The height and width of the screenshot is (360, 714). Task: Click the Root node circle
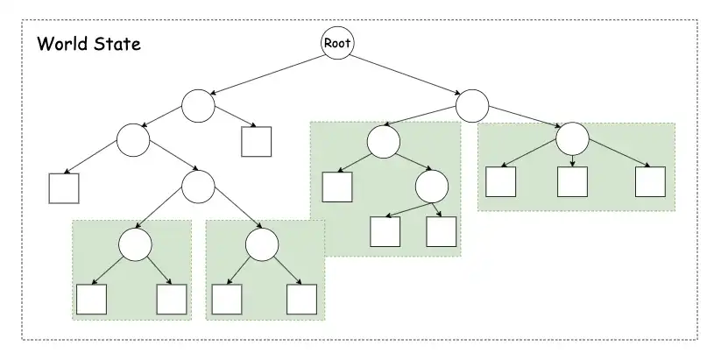coord(337,43)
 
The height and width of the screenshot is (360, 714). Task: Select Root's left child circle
coord(198,106)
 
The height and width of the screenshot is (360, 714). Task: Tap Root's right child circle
coord(471,106)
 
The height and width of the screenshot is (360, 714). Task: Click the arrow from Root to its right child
coord(405,74)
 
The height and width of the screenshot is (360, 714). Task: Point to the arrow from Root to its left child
coord(267,74)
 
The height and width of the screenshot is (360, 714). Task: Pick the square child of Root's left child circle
coord(256,141)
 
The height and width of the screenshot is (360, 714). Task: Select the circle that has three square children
coord(572,138)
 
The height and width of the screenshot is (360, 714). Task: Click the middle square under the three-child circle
coord(572,181)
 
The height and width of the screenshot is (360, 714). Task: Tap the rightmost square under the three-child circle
coord(650,181)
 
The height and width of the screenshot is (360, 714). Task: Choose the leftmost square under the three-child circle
coord(501,181)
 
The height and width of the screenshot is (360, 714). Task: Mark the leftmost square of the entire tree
coord(65,188)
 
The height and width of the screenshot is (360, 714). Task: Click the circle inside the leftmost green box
coord(136,244)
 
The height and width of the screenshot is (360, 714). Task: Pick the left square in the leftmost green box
coord(91,299)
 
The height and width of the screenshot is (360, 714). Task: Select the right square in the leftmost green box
coord(171,299)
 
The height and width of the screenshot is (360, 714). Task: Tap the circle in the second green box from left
coord(261,244)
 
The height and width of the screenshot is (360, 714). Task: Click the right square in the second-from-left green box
coord(301,299)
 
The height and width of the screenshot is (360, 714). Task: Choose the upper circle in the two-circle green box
coord(383,142)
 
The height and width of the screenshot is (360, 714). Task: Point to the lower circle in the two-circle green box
coord(431,186)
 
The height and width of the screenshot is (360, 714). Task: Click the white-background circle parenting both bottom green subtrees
coord(198,185)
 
